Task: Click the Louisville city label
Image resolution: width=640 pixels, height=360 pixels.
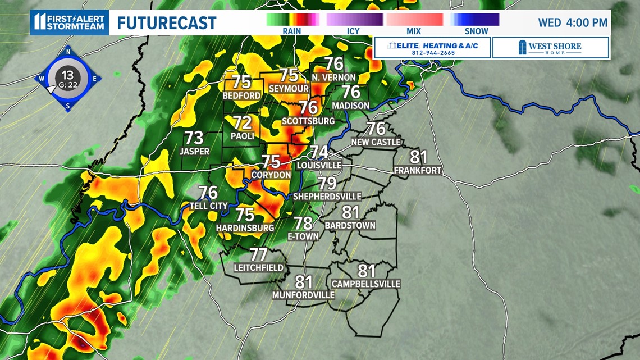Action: [x=319, y=166]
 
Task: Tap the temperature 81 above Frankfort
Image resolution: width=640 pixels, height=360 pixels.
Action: [x=418, y=157]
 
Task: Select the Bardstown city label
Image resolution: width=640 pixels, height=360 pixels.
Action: [x=350, y=225]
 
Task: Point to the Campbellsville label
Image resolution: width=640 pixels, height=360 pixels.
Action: [x=366, y=284]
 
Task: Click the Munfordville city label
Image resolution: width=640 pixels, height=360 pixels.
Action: [x=303, y=295]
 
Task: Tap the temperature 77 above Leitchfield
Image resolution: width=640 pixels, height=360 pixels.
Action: [x=258, y=254]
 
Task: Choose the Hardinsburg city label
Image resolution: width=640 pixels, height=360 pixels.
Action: [x=245, y=227]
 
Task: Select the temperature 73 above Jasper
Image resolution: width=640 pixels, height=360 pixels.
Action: [x=194, y=138]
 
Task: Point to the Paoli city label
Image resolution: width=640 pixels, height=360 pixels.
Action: [x=243, y=136]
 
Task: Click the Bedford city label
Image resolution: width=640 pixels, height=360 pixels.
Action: [x=242, y=95]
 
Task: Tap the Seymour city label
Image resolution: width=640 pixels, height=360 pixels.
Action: [x=289, y=89]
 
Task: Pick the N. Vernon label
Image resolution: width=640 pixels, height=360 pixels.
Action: [x=334, y=77]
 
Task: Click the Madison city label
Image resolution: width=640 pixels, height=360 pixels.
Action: [x=351, y=105]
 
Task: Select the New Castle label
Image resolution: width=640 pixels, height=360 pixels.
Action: [x=376, y=142]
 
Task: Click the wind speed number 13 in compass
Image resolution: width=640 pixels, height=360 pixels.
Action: [x=67, y=75]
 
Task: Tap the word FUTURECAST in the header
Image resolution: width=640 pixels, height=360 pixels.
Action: [x=167, y=22]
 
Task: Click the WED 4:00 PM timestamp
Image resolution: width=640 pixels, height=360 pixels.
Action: [x=573, y=22]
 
